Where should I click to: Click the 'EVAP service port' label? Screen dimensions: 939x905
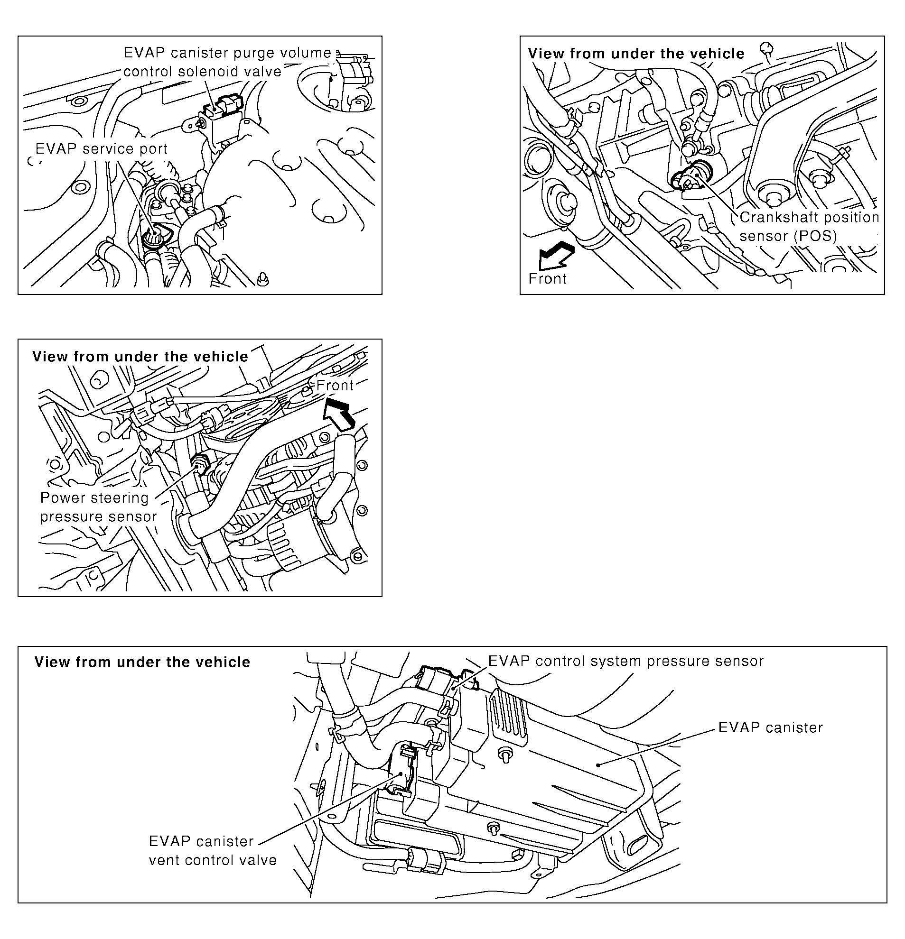pyautogui.click(x=102, y=148)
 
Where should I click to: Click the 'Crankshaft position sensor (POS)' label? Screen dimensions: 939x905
pyautogui.click(x=809, y=227)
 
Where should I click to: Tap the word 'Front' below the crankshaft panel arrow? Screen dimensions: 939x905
pyautogui.click(x=547, y=278)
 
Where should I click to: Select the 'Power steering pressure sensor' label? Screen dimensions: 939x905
pyautogui.click(x=98, y=507)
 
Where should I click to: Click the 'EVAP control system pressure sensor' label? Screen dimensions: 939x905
pyautogui.click(x=625, y=661)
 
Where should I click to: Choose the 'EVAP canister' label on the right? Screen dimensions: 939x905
pyautogui.click(x=770, y=727)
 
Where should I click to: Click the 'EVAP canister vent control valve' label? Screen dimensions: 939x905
pyautogui.click(x=212, y=850)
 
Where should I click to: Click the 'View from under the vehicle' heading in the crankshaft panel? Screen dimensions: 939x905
pyautogui.click(x=636, y=54)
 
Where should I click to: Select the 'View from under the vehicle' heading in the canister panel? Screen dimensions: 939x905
pyautogui.click(x=142, y=662)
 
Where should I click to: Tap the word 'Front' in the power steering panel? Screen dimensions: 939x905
pyautogui.click(x=335, y=385)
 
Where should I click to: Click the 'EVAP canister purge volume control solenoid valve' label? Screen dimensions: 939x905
pyautogui.click(x=227, y=62)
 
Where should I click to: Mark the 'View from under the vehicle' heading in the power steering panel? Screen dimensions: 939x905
pyautogui.click(x=140, y=357)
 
